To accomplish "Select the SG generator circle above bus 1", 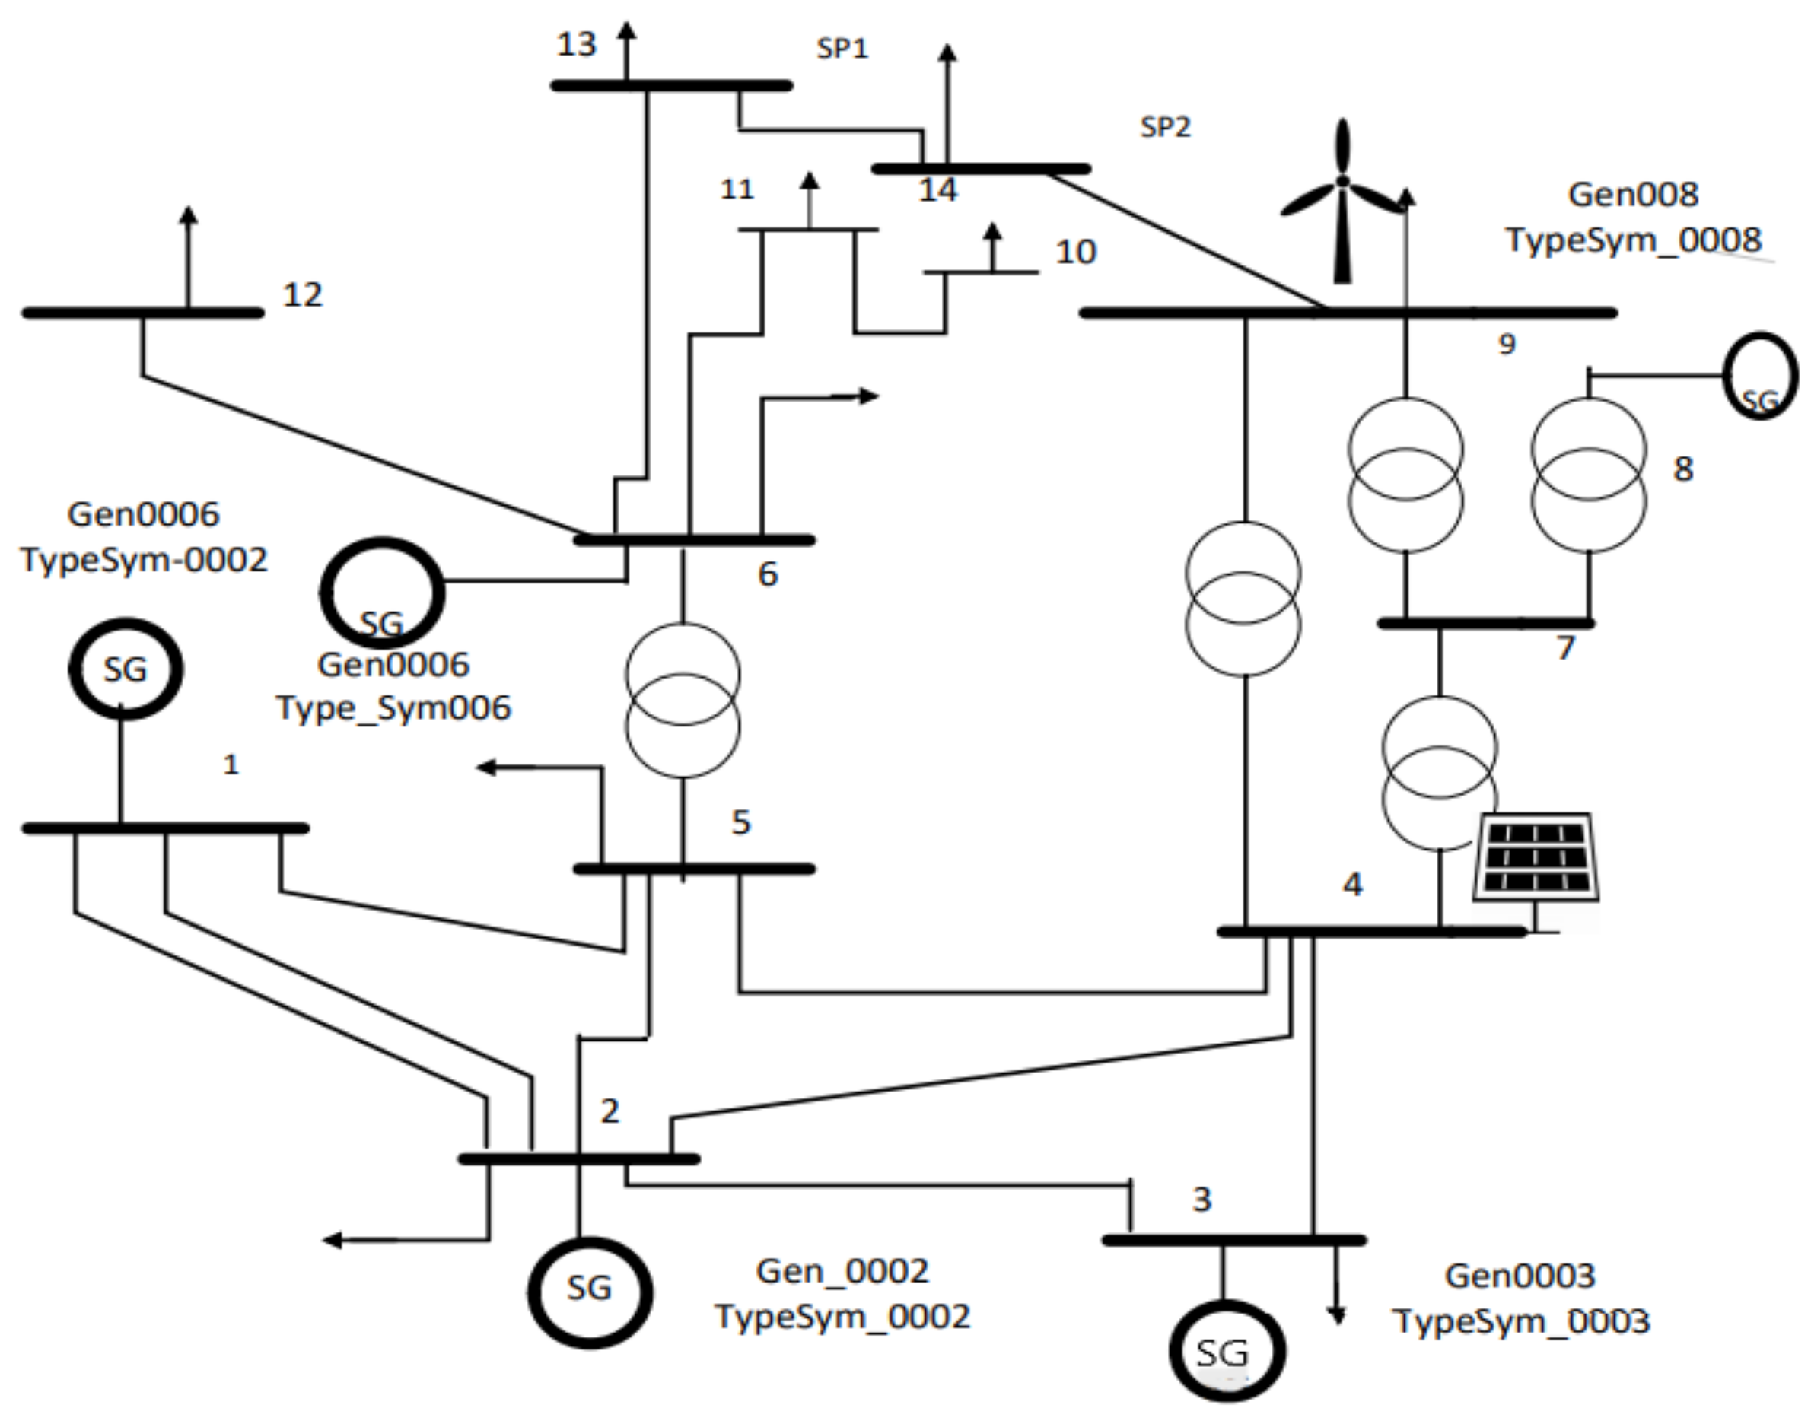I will (125, 669).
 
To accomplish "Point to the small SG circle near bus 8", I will (1759, 376).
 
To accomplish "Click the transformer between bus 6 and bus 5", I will (683, 701).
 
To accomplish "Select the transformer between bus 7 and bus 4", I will (1440, 774).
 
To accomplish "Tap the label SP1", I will (842, 49).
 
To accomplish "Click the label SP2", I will (1165, 127).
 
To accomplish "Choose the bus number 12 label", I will (302, 294).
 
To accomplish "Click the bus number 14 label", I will (938, 190).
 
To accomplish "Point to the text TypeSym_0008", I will (1634, 240).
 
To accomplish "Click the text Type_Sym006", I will (393, 709).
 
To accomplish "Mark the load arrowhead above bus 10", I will (991, 231).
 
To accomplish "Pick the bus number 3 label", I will (1201, 1199).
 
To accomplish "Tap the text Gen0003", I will (1519, 1276).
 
